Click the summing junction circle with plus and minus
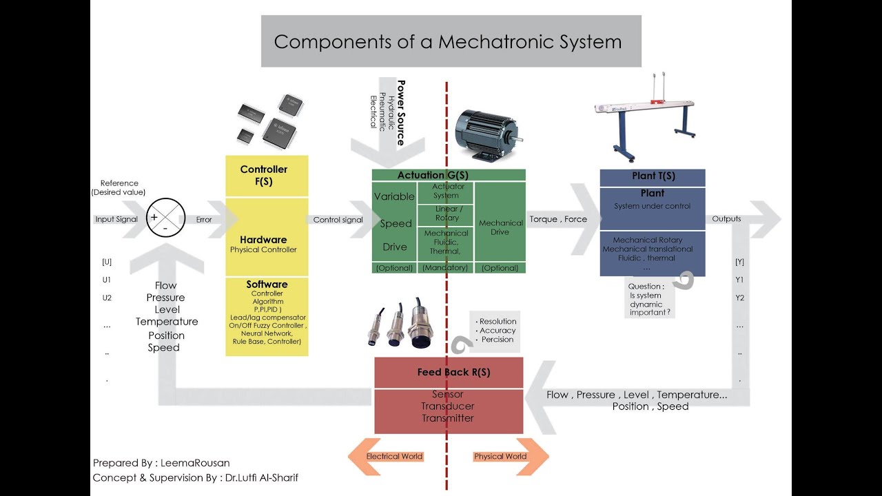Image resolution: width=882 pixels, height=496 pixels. [166, 218]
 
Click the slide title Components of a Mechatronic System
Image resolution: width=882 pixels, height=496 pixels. [448, 41]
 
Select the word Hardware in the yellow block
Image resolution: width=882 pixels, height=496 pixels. [263, 240]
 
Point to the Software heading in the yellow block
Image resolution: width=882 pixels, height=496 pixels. [267, 285]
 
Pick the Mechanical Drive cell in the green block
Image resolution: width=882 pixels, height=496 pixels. [500, 227]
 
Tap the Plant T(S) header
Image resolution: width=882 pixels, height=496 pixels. [653, 176]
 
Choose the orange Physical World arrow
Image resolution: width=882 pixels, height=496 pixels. [510, 456]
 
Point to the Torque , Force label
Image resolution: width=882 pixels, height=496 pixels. [558, 219]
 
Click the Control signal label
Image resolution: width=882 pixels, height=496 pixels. [338, 220]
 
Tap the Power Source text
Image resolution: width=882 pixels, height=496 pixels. [400, 112]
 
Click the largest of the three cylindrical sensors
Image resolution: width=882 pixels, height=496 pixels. [420, 325]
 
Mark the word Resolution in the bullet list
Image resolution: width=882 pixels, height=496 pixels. [498, 321]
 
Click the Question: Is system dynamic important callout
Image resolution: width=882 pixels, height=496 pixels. [647, 299]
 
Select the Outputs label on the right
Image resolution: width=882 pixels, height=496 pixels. [726, 218]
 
